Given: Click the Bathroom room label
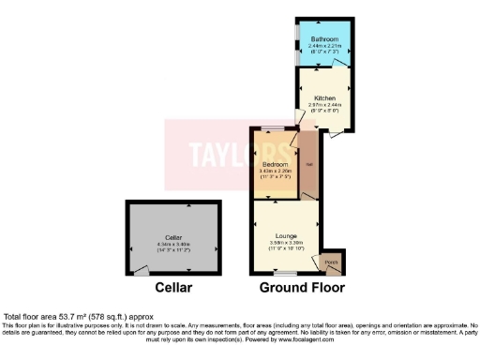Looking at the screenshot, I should coord(327,38).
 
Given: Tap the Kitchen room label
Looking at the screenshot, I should coord(325,97).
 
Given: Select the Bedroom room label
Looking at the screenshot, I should coord(274,163).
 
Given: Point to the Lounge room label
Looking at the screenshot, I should coord(286,234).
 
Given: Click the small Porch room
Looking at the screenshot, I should coord(330,262).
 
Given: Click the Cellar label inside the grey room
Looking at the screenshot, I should coord(172,237).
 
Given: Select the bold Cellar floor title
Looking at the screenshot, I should coord(174,288).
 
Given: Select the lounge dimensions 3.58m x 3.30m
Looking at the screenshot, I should coord(286,241).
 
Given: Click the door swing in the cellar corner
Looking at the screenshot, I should coord(141,269).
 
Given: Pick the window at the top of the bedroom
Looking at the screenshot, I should coord(273,127).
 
